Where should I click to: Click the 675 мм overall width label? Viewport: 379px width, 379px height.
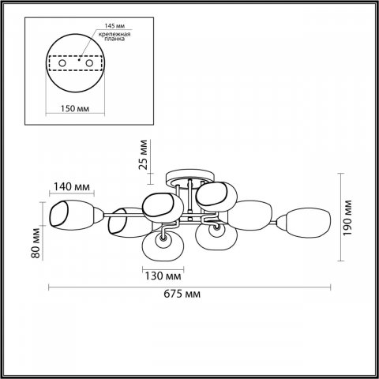point(182,294)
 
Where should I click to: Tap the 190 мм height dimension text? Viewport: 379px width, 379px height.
point(347,218)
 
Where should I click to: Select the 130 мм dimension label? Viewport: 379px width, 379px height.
point(163,276)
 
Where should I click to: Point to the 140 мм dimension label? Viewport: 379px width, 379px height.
point(72,186)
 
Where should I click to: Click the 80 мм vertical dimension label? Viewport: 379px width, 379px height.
point(36,243)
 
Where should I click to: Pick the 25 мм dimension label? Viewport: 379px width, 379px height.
point(143,155)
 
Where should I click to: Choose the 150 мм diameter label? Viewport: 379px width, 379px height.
point(75,108)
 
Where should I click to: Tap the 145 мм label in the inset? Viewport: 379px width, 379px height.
point(114,26)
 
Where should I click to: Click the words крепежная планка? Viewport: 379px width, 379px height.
point(114,36)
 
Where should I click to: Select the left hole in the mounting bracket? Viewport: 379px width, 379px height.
point(62,63)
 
